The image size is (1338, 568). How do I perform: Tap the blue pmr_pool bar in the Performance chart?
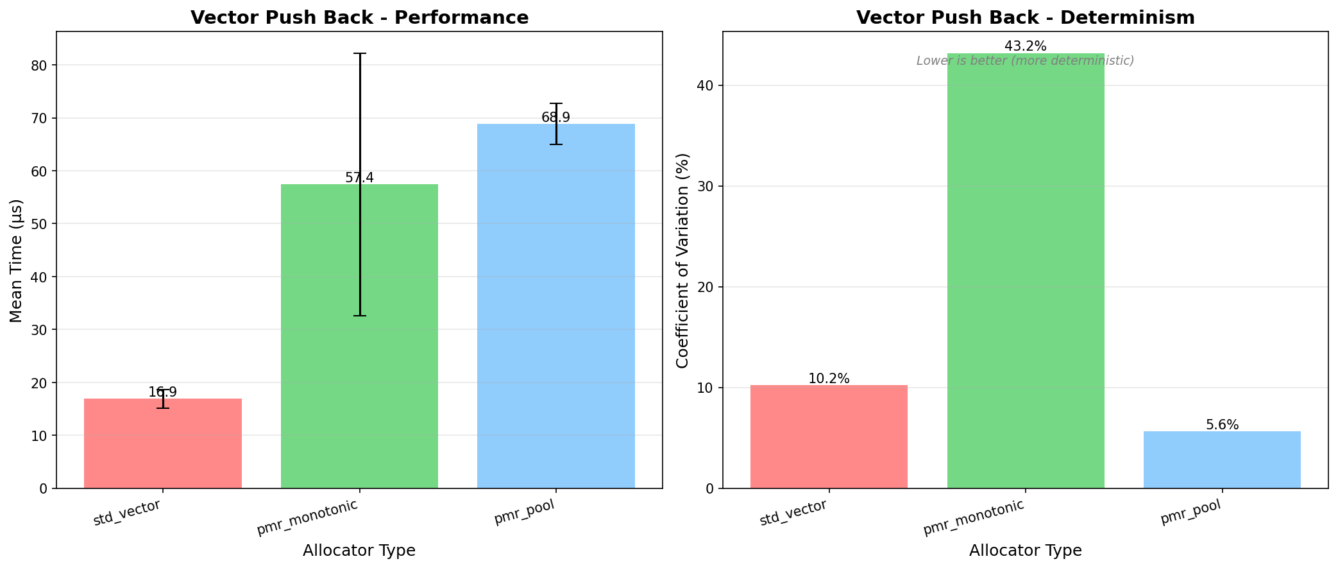tap(556, 308)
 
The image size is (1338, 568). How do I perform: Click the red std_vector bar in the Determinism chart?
tap(829, 436)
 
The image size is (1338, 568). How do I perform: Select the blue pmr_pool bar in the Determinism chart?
tap(1222, 460)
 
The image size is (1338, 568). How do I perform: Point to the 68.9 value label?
tap(555, 117)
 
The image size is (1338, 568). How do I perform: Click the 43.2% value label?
tap(1026, 46)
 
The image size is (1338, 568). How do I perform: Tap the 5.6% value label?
tap(1222, 425)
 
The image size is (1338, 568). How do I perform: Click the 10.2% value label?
tap(829, 379)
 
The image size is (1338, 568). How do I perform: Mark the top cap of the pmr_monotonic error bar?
tap(360, 53)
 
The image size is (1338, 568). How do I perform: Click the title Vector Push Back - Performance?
tap(359, 17)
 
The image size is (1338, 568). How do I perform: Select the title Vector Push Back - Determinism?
tap(1025, 17)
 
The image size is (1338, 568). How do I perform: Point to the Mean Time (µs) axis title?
tap(17, 261)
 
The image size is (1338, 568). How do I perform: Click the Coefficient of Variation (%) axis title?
tap(682, 261)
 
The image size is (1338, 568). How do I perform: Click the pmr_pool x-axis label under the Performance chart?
tap(524, 512)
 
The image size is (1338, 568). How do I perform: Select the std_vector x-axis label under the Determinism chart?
tap(793, 513)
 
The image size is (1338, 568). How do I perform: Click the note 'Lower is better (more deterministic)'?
tap(1025, 61)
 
